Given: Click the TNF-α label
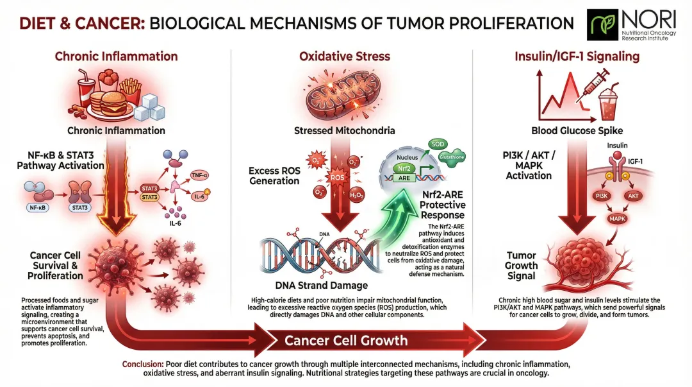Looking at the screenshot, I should [x=201, y=175].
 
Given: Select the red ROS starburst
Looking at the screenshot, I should [x=337, y=177].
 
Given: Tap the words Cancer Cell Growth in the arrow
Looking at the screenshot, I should [x=346, y=340].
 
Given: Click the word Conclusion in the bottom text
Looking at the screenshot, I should [x=142, y=364].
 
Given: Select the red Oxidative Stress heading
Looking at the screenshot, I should [x=345, y=56].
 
